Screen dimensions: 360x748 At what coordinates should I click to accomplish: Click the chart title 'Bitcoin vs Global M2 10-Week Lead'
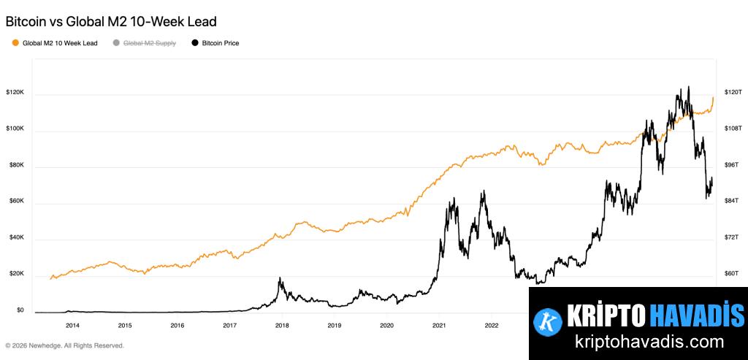(x=111, y=22)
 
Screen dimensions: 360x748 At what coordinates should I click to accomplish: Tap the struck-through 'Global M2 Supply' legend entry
(x=149, y=43)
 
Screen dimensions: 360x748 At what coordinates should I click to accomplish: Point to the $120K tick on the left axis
(x=15, y=93)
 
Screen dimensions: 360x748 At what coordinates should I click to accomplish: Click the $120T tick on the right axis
(x=733, y=93)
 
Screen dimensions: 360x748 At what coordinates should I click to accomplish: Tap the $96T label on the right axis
(x=732, y=165)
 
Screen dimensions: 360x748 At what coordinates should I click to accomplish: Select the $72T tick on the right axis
(x=732, y=238)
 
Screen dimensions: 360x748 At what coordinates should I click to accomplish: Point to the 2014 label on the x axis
(x=72, y=325)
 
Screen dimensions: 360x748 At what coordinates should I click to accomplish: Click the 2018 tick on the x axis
(x=282, y=325)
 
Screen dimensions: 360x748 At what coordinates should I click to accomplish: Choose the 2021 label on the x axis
(x=439, y=325)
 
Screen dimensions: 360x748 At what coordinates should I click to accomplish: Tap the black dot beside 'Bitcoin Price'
(x=195, y=43)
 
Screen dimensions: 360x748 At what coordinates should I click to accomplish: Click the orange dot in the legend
(x=16, y=43)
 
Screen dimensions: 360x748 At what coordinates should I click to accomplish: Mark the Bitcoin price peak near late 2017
(x=280, y=278)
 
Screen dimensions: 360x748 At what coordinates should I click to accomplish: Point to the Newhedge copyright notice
(x=64, y=345)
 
